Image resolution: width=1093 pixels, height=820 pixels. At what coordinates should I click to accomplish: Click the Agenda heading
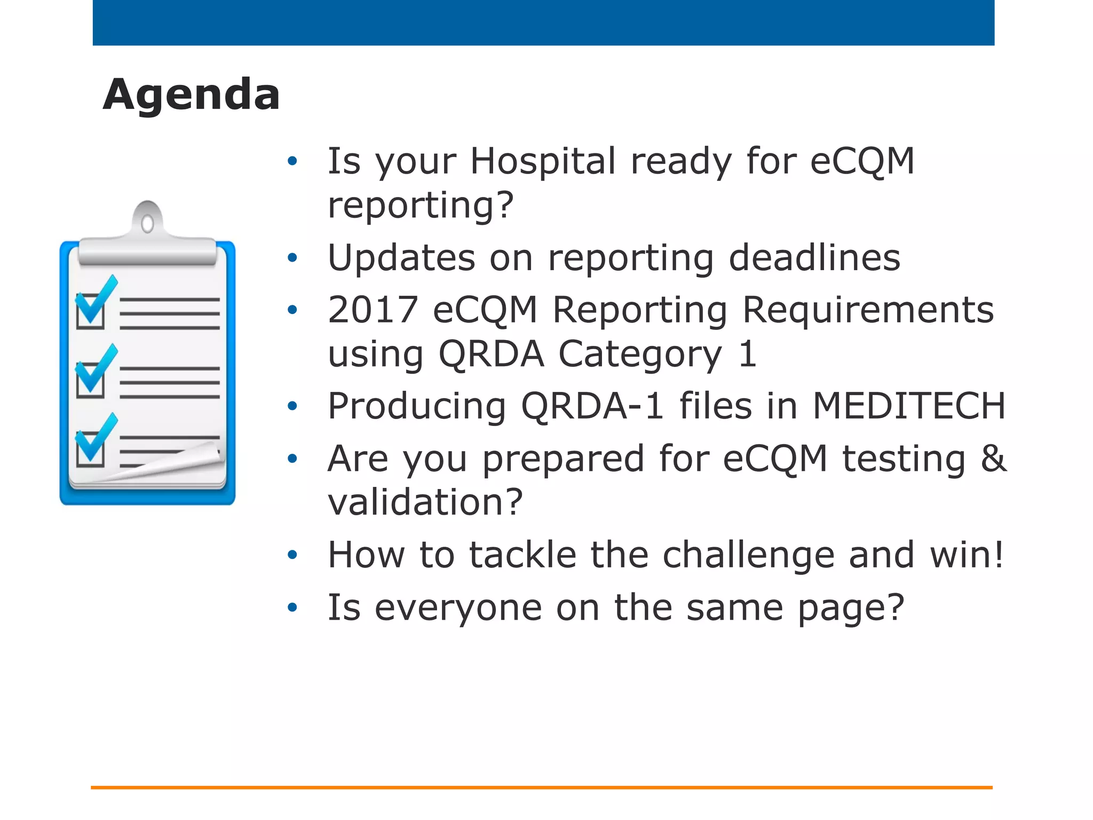coord(191,94)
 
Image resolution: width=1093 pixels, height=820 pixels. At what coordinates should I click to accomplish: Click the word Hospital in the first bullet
coord(543,161)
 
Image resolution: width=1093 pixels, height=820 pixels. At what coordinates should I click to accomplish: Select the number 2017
coord(373,310)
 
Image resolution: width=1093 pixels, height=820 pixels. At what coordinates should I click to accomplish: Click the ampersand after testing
coord(993,459)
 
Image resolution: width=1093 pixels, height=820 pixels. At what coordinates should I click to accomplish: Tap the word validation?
coord(425,502)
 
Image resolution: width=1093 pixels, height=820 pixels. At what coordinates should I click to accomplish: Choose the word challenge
coord(748,555)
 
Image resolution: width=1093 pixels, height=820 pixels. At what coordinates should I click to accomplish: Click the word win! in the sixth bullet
coord(967,555)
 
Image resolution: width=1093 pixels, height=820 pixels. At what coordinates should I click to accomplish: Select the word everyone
coord(458,608)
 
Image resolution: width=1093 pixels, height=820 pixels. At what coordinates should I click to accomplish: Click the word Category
coord(640,354)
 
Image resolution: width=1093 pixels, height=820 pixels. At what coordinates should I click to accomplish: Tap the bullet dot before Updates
coord(292,258)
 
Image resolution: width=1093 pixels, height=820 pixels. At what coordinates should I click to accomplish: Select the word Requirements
coord(868,310)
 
